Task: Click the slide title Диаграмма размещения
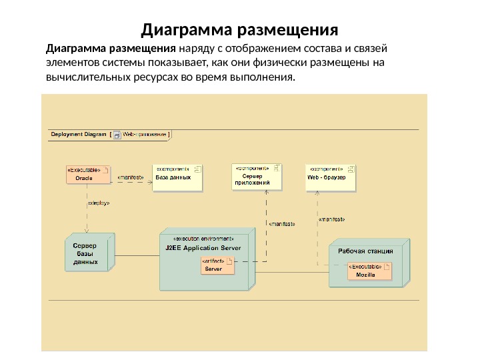coord(240,31)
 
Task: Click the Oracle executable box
coord(87,174)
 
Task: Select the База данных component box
coord(177,177)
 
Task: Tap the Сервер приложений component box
coord(257,177)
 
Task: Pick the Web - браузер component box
coord(331,177)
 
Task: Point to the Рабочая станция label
coord(365,251)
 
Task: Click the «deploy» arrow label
coord(99,203)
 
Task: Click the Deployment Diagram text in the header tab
coord(79,134)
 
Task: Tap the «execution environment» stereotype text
coord(203,239)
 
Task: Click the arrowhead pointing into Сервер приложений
coord(267,192)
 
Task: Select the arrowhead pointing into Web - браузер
coord(317,192)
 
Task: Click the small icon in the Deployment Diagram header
coord(117,134)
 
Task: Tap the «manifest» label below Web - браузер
coord(331,218)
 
